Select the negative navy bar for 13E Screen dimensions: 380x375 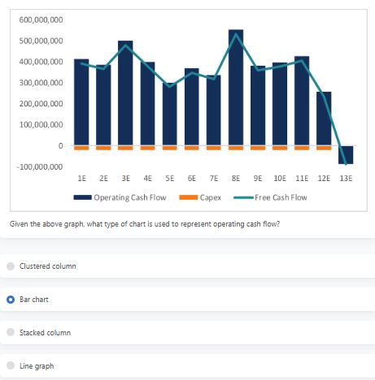346,154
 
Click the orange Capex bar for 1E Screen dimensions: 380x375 81,148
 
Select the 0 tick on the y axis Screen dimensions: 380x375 60,145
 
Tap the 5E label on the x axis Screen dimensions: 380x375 169,177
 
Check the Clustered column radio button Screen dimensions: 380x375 11,266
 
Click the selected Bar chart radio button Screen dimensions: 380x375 11,300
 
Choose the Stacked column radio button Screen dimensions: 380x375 11,333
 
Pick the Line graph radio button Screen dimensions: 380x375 11,366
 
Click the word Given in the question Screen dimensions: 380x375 18,223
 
